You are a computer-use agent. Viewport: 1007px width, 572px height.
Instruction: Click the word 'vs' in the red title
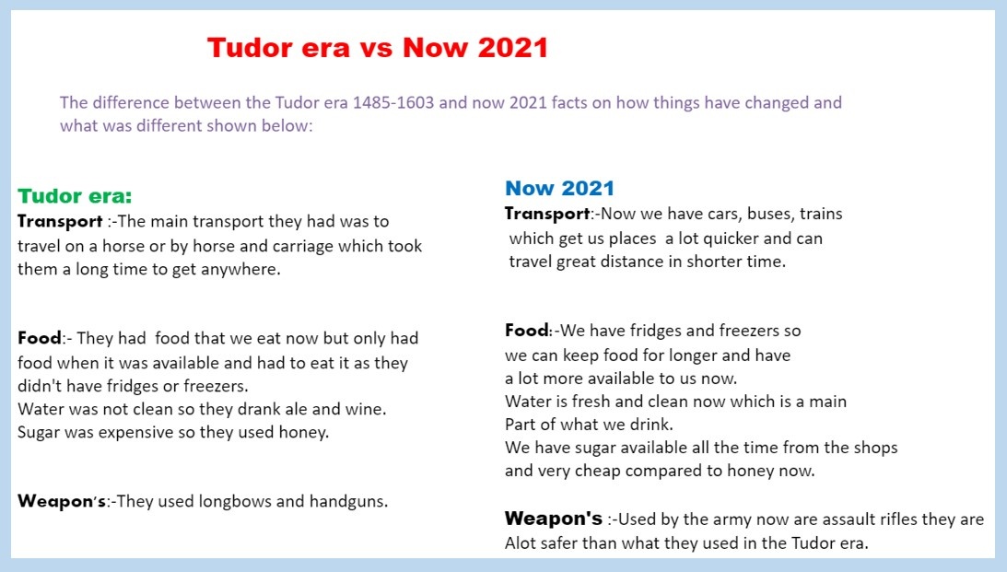point(376,49)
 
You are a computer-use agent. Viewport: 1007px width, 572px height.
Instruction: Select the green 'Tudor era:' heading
point(75,196)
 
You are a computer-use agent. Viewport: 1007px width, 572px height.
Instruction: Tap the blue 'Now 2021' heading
point(559,188)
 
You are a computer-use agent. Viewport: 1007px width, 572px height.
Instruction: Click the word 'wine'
point(368,409)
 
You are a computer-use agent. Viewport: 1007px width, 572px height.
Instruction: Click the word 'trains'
point(821,214)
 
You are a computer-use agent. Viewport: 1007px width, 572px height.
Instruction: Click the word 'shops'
point(875,448)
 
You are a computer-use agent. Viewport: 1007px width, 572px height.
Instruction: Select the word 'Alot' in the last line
point(521,543)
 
